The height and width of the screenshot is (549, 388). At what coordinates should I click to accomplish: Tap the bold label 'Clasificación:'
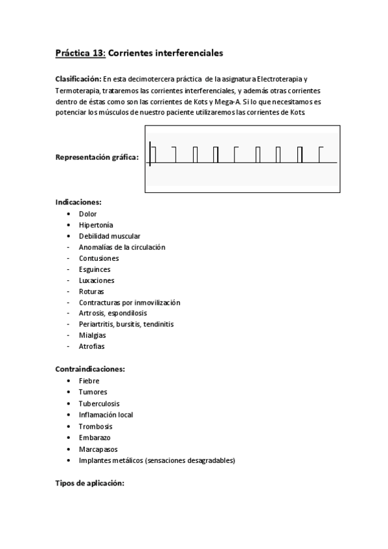(x=78, y=78)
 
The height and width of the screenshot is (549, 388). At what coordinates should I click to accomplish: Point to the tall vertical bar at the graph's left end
(x=150, y=154)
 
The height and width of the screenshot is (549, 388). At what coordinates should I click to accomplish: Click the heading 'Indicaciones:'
(x=78, y=202)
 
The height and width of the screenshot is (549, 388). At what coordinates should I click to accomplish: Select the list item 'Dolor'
(x=88, y=214)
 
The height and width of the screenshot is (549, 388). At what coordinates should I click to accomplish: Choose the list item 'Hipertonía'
(x=96, y=225)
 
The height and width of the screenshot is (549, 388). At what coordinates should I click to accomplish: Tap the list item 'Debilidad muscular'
(x=109, y=236)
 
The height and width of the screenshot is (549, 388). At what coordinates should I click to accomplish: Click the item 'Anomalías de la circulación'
(x=122, y=247)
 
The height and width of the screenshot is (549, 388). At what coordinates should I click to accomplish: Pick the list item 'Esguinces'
(x=95, y=269)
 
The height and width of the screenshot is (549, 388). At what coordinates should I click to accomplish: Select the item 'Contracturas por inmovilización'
(x=129, y=302)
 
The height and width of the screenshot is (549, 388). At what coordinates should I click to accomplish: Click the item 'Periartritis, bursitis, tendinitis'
(x=126, y=324)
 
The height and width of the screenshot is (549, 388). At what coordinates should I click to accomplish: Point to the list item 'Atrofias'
(x=92, y=346)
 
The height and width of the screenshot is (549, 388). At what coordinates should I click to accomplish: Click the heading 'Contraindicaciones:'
(x=90, y=369)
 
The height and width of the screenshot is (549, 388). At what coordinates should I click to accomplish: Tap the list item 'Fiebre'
(x=89, y=381)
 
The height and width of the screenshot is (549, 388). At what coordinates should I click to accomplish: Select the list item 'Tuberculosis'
(x=99, y=403)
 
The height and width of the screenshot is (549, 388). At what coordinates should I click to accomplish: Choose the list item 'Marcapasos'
(x=98, y=449)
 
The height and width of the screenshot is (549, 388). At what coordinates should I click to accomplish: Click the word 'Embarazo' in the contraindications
(x=95, y=438)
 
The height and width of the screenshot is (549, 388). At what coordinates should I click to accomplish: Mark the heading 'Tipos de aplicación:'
(x=89, y=483)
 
